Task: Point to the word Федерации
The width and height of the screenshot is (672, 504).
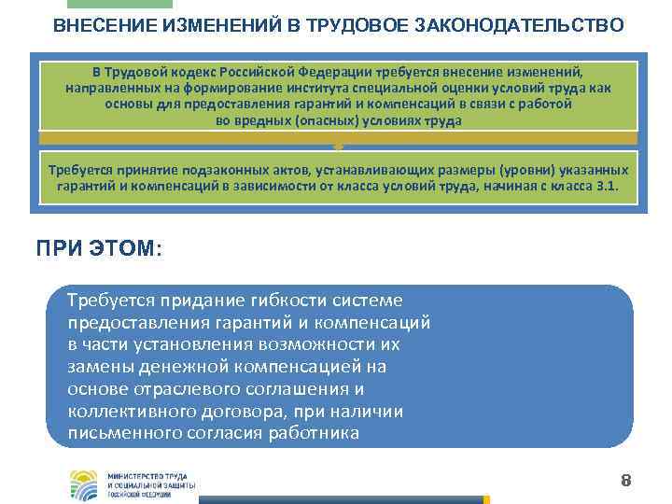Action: (x=353, y=72)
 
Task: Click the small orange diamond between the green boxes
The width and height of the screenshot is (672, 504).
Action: (x=338, y=147)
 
